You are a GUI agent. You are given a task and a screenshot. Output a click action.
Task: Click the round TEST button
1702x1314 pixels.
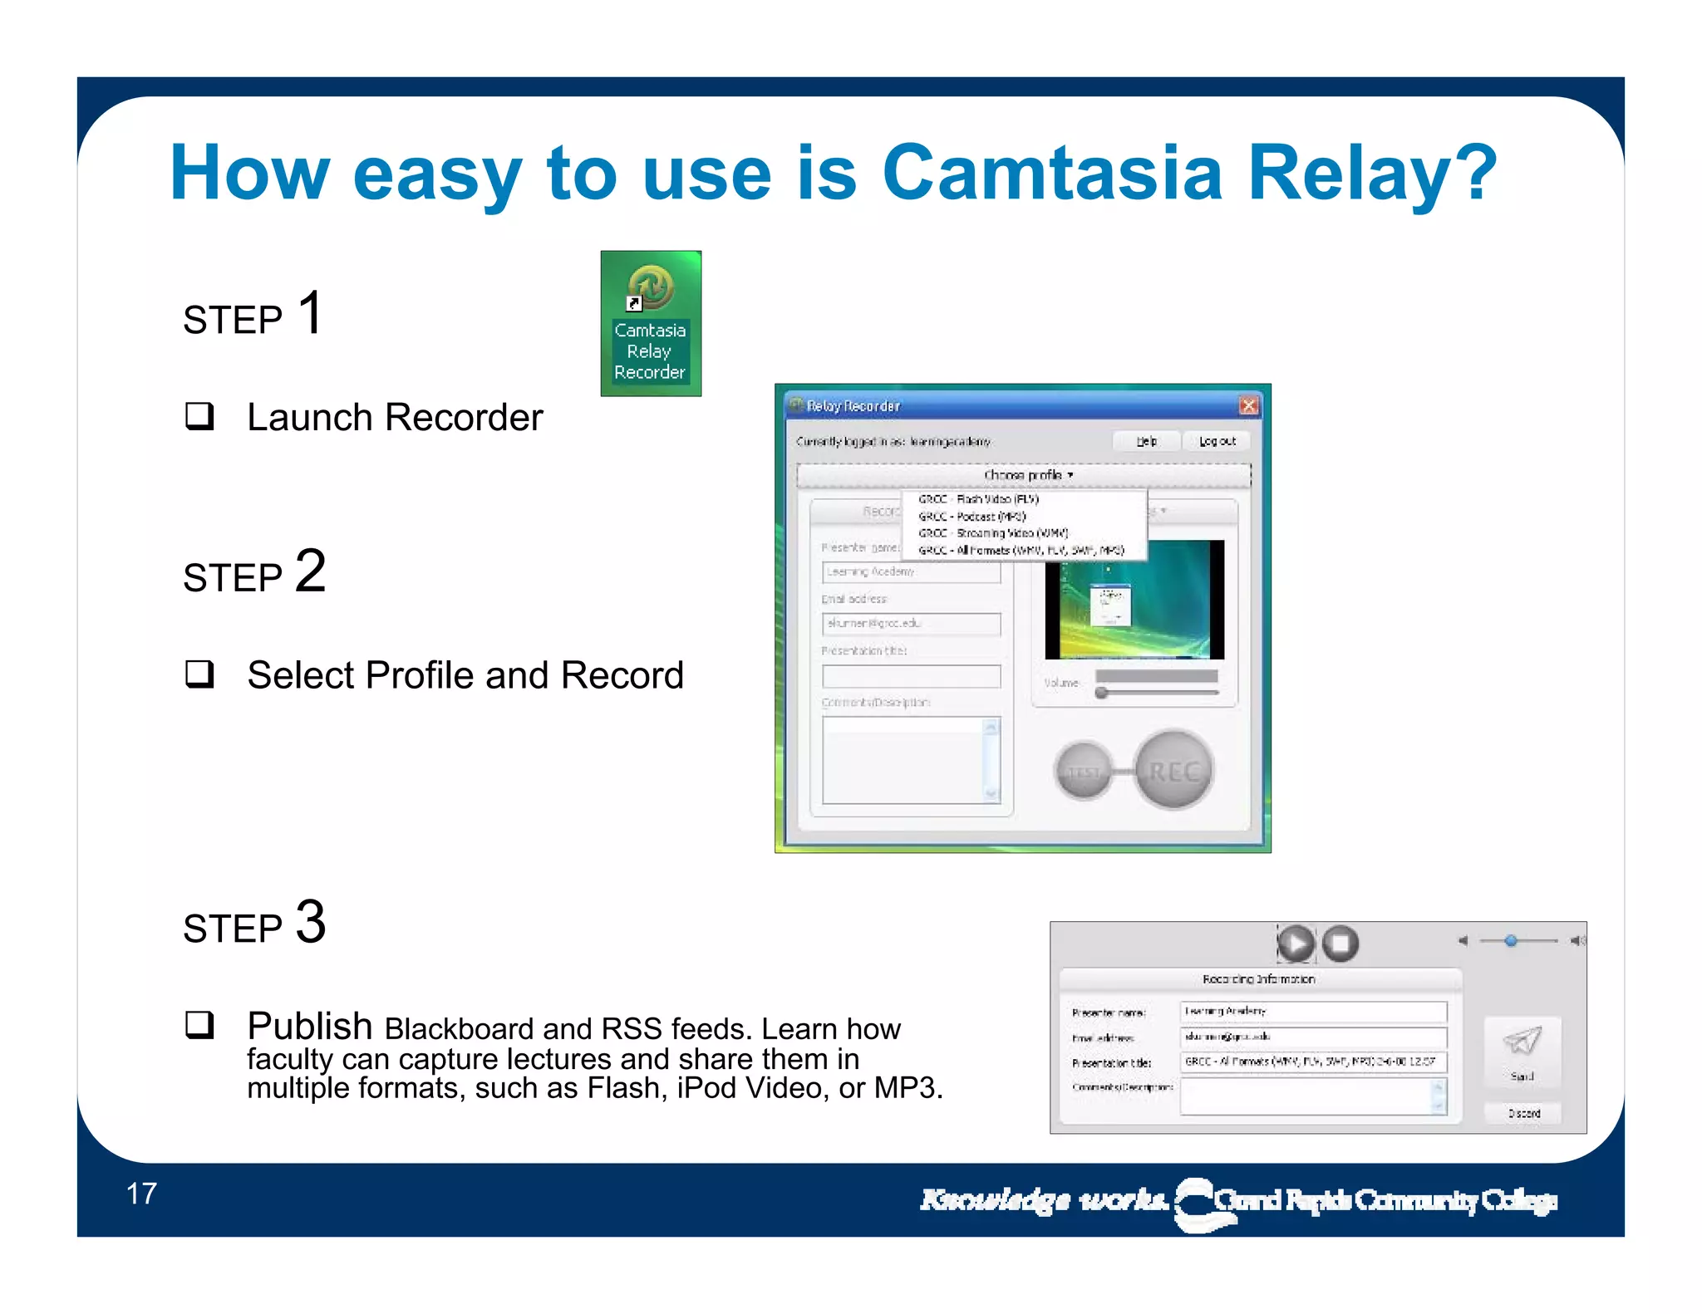(x=1084, y=771)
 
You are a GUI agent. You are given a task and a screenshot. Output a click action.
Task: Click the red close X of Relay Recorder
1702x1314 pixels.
(x=1248, y=405)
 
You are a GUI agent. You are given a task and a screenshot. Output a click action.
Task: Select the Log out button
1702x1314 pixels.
(x=1217, y=441)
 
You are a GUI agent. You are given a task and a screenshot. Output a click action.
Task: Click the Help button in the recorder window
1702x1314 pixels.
(x=1147, y=441)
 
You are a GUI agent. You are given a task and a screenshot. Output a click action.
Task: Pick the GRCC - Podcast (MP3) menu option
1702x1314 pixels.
(x=972, y=516)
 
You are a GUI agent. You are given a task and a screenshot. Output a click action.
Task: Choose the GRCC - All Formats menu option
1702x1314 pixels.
(x=1021, y=550)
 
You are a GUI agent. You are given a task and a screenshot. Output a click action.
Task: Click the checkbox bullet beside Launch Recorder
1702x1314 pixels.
(x=199, y=415)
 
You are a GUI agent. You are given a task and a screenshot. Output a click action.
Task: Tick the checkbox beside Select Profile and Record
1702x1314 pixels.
(x=199, y=674)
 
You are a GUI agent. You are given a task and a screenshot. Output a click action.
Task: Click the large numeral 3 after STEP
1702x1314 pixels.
(x=311, y=922)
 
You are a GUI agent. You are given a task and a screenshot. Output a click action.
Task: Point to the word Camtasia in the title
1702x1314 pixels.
(x=1051, y=173)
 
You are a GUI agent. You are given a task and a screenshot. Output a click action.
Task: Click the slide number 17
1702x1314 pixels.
(x=141, y=1194)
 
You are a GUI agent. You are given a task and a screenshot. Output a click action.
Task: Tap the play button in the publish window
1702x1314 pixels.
(x=1295, y=944)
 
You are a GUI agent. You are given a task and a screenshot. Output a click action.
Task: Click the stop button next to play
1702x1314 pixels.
(x=1340, y=944)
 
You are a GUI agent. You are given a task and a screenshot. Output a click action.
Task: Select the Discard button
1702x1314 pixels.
(x=1523, y=1113)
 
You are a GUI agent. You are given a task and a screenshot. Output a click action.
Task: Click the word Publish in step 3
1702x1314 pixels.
(x=309, y=1026)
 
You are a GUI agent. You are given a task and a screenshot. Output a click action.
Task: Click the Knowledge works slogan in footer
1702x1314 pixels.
(x=1043, y=1199)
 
